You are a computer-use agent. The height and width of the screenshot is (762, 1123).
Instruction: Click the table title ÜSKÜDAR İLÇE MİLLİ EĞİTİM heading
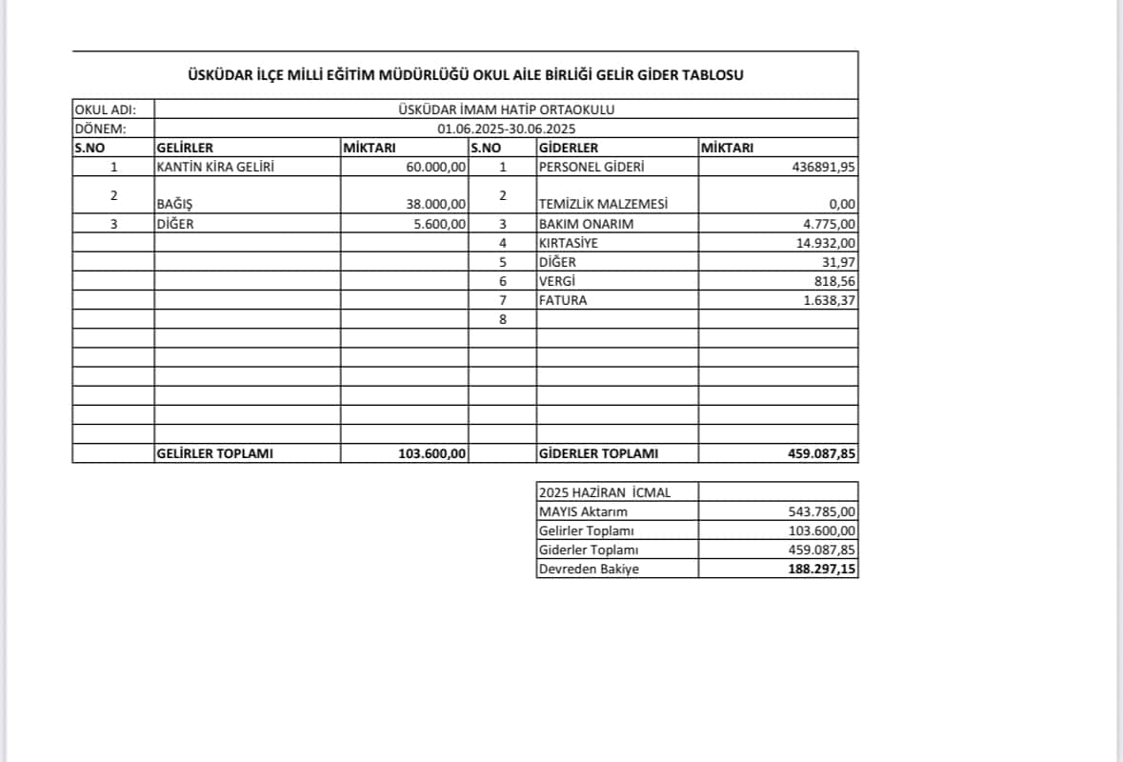465,75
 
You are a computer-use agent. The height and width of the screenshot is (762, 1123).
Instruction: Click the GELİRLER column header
184,148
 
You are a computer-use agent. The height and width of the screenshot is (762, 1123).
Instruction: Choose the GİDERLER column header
569,148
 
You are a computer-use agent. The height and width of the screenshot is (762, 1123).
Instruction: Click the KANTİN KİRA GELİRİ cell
214,167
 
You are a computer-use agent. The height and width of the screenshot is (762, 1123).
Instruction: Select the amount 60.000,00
436,168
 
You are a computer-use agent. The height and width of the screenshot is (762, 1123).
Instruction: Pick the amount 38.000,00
436,204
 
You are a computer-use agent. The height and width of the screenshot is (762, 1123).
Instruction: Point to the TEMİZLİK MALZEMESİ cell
603,204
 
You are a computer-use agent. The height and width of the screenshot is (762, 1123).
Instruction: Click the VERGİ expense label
557,281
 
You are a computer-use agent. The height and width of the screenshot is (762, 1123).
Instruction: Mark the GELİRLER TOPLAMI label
214,453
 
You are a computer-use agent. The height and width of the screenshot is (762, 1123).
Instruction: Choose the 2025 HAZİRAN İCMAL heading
604,492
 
